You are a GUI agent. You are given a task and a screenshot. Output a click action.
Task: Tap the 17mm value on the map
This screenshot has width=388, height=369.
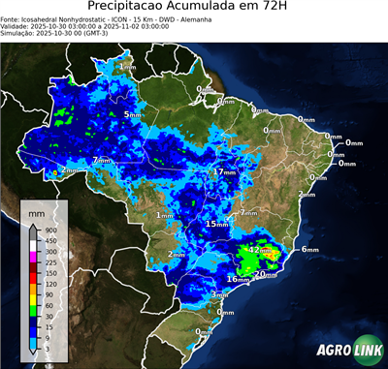pos(224,171)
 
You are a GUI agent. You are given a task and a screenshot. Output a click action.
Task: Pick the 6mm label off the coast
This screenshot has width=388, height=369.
pos(309,249)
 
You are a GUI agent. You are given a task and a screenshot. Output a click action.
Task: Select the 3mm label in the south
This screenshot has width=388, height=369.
pos(219,294)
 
